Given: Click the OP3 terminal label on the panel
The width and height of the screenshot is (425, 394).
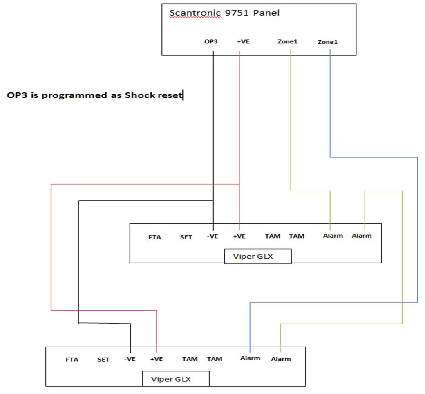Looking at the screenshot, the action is (211, 41).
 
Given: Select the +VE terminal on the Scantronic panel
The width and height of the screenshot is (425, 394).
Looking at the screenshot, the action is (243, 41).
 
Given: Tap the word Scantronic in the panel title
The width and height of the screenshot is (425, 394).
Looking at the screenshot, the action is (195, 13).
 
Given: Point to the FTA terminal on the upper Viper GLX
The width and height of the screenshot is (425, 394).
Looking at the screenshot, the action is (155, 237).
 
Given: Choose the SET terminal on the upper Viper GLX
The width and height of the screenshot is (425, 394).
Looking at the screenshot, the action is (186, 237).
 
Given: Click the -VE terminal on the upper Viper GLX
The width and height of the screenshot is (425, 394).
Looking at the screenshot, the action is (212, 236).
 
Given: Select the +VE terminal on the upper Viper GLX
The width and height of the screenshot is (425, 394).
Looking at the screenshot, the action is (239, 236).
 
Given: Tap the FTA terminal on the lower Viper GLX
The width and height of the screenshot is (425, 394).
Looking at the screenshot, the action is (72, 360).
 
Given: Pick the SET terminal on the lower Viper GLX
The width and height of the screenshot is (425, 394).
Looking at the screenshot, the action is (103, 360).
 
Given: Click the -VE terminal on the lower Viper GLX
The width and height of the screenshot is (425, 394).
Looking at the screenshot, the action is (130, 359).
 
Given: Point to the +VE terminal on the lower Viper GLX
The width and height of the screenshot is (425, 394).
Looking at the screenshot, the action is (157, 359).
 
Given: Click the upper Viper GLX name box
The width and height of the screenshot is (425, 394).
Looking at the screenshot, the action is (258, 256).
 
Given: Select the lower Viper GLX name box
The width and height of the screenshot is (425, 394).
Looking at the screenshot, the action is (176, 379).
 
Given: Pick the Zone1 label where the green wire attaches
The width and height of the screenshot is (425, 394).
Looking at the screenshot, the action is (288, 41).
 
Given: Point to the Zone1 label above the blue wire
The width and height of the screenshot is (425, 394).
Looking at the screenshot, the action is (328, 42).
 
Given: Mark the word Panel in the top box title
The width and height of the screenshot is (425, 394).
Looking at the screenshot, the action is (266, 13).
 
